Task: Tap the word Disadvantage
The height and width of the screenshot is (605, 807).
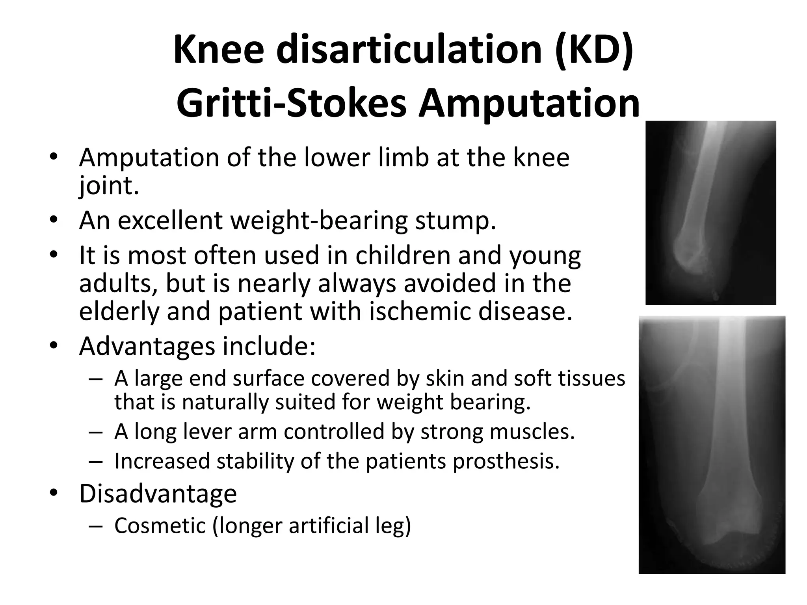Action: pos(158,494)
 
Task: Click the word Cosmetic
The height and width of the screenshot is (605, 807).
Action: pos(160,526)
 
